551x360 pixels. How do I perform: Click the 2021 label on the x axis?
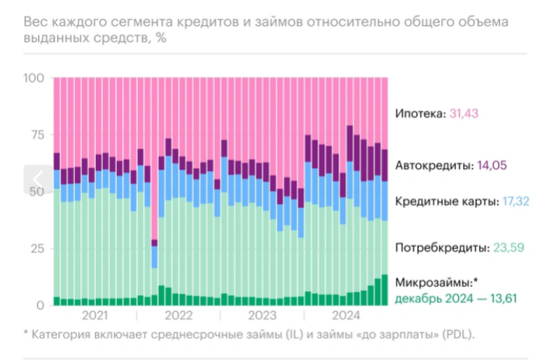[94, 315]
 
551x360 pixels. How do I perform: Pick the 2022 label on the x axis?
[178, 315]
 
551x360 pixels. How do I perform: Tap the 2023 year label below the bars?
[262, 315]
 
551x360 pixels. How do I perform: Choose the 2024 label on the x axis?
[346, 315]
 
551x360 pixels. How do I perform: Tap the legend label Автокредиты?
[431, 166]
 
